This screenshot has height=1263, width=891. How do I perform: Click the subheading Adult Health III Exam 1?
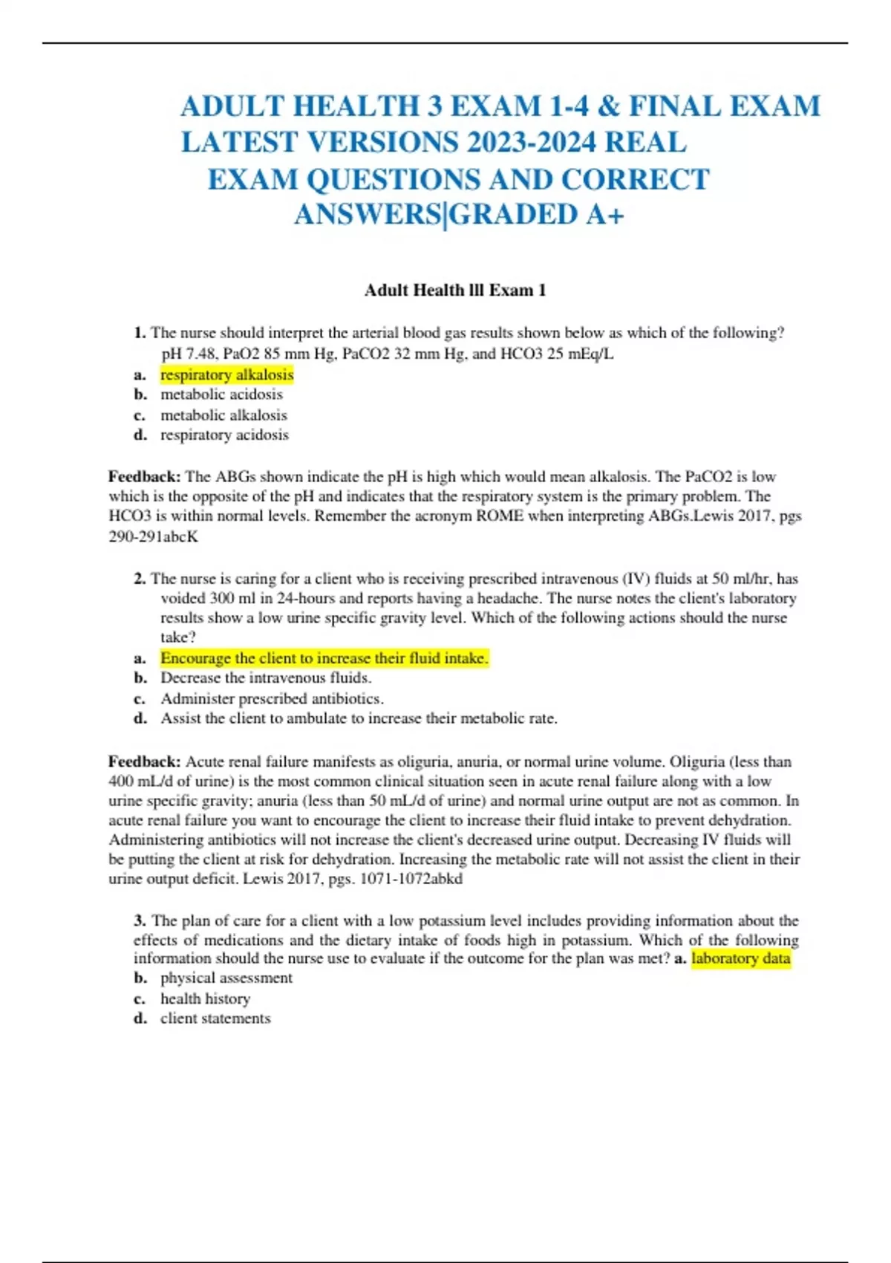pyautogui.click(x=455, y=290)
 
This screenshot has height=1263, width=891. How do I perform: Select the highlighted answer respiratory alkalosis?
pyautogui.click(x=226, y=375)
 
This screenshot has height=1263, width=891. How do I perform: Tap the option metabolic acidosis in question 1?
pyautogui.click(x=221, y=395)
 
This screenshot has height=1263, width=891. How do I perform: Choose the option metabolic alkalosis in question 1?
pyautogui.click(x=223, y=415)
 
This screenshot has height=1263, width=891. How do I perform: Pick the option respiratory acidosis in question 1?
pyautogui.click(x=224, y=435)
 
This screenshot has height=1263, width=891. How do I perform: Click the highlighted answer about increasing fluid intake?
pyautogui.click(x=324, y=658)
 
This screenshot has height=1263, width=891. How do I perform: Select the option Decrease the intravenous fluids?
pyautogui.click(x=266, y=678)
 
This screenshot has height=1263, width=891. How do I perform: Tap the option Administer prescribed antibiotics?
pyautogui.click(x=272, y=698)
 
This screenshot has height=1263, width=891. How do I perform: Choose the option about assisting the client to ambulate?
pyautogui.click(x=359, y=718)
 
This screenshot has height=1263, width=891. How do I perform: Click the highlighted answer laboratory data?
pyautogui.click(x=740, y=958)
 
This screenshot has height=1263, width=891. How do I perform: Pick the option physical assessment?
pyautogui.click(x=226, y=978)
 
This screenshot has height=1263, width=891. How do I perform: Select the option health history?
pyautogui.click(x=205, y=999)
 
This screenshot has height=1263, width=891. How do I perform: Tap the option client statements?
pyautogui.click(x=215, y=1019)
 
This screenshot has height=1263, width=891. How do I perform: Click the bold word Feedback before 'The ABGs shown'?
pyautogui.click(x=144, y=476)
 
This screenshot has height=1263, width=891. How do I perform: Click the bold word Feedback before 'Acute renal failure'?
pyautogui.click(x=144, y=762)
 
